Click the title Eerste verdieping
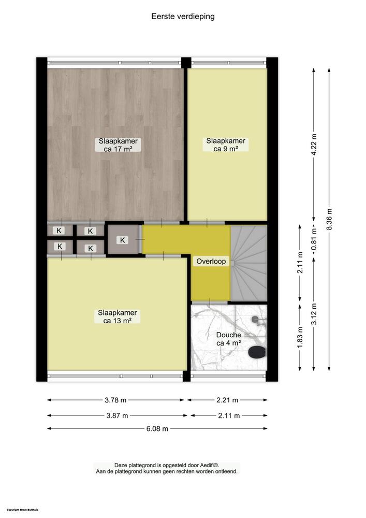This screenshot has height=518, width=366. pos(183,17)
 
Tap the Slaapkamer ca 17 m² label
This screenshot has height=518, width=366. pos(119,145)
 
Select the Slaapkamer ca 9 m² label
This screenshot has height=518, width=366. pos(226,145)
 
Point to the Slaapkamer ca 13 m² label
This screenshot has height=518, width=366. pos(118,316)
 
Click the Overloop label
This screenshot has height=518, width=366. pos(211,262)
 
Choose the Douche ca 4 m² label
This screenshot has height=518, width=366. pos(228,339)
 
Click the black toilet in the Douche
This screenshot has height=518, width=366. pos(257,353)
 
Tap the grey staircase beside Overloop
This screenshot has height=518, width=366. pos(248,263)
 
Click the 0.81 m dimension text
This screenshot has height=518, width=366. pos(313,240)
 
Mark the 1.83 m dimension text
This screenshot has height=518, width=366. pos(300,337)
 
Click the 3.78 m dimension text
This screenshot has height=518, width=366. pos(115,400)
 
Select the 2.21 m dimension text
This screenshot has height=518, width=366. pos(227,400)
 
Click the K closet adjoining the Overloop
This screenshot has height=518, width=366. pos(123,240)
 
